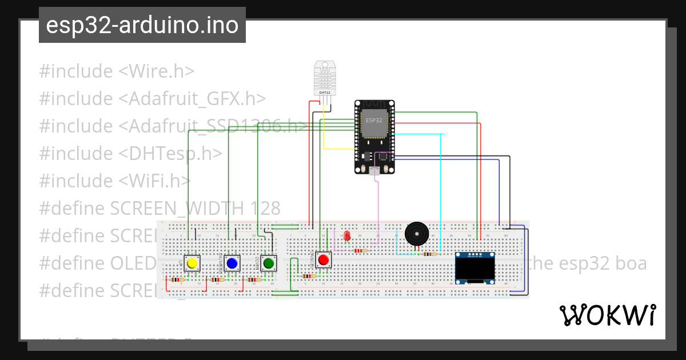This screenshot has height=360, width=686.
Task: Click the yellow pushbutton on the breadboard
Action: pyautogui.click(x=192, y=263)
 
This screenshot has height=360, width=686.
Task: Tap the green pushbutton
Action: pyautogui.click(x=268, y=263)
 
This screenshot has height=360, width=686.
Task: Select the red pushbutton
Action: pyautogui.click(x=324, y=260)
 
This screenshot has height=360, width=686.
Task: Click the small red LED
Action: pyautogui.click(x=347, y=236)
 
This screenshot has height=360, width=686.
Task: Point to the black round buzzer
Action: pyautogui.click(x=416, y=234)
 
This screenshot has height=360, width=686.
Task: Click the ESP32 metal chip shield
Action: pyautogui.click(x=375, y=123)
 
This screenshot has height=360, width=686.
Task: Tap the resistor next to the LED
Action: pyautogui.click(x=361, y=250)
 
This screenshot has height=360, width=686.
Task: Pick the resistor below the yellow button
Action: pyautogui.click(x=177, y=280)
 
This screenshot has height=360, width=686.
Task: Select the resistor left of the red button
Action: pyautogui.click(x=309, y=277)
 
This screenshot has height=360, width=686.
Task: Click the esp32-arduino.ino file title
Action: pyautogui.click(x=142, y=25)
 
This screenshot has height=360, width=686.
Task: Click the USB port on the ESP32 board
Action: pyautogui.click(x=374, y=170)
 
